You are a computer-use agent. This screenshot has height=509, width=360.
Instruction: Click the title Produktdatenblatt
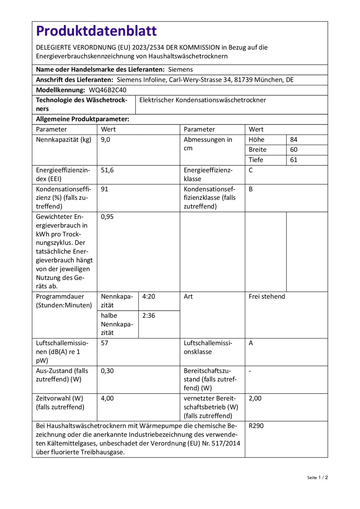[x=96, y=31]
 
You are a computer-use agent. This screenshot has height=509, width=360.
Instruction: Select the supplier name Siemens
[x=180, y=69]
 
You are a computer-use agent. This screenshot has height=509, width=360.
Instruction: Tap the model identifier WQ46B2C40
[x=107, y=90]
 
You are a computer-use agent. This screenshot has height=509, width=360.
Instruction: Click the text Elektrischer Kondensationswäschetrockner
[x=203, y=100]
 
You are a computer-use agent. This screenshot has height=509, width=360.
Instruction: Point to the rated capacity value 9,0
[x=105, y=139]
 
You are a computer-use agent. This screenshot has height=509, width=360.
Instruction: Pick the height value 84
[x=294, y=139]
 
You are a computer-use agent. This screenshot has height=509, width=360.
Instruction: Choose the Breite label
[x=257, y=150]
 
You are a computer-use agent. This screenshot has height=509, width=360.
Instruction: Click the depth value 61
[x=294, y=160]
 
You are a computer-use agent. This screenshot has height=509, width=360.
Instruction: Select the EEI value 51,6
[x=107, y=170]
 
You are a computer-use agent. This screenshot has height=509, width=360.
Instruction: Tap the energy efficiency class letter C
[x=251, y=170]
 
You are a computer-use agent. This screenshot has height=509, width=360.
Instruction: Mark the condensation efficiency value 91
[x=104, y=189]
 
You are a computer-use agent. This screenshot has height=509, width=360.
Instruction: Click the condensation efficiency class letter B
[x=251, y=189]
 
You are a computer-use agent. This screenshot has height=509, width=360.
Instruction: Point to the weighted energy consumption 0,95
[x=107, y=217]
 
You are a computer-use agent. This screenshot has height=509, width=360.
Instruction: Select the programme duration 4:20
[x=149, y=296]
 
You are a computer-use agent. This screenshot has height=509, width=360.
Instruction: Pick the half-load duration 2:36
[x=149, y=316]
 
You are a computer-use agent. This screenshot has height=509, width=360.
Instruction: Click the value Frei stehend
[x=267, y=296]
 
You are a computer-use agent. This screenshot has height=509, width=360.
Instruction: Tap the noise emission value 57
[x=104, y=343]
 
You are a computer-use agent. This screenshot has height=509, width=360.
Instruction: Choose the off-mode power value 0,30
[x=107, y=371]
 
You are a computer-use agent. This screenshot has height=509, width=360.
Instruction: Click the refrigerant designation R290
[x=256, y=426]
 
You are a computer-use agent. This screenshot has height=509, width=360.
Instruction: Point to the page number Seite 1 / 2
[x=317, y=478]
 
